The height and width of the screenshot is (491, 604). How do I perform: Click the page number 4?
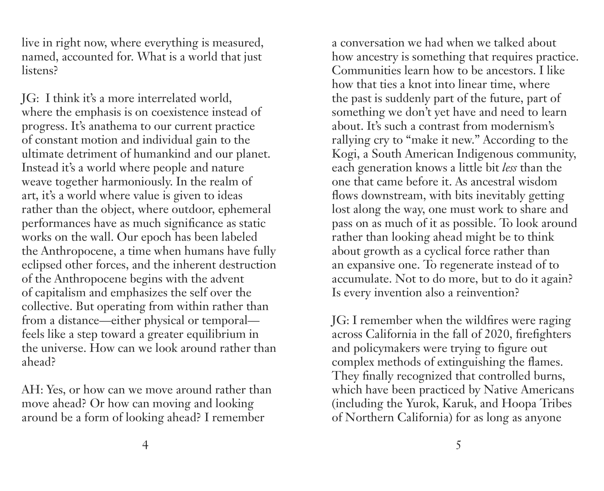145,445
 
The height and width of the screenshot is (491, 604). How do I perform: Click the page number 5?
458,445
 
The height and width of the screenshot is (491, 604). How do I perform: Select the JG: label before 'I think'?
29,99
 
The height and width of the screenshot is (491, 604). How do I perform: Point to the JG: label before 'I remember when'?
340,320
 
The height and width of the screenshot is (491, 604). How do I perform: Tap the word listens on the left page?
39,71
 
